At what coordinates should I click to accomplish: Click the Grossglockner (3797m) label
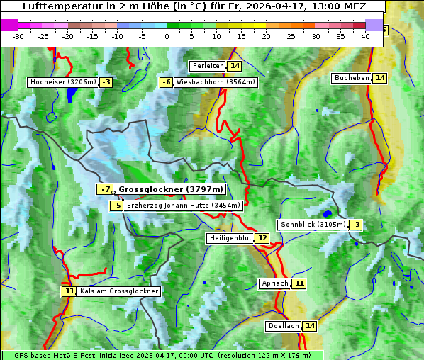(x=170, y=189)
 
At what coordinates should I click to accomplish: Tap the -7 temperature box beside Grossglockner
(x=105, y=189)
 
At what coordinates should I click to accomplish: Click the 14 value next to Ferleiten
(x=235, y=66)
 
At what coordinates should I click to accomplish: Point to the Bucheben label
(x=352, y=77)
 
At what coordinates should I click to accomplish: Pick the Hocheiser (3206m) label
(x=62, y=82)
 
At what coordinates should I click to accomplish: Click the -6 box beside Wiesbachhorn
(x=166, y=82)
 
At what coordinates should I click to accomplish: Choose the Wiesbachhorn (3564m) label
(x=216, y=82)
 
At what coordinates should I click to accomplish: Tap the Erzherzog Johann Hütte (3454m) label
(x=184, y=206)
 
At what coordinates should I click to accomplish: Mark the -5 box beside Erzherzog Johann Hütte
(x=117, y=206)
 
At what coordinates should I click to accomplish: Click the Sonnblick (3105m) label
(x=313, y=225)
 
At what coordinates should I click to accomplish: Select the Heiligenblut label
(x=230, y=238)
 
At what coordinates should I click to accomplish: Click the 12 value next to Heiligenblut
(x=262, y=238)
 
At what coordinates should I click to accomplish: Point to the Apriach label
(x=275, y=283)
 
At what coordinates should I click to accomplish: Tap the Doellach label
(x=283, y=326)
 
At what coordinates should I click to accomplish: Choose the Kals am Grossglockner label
(x=119, y=291)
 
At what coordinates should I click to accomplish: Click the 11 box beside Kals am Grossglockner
(x=69, y=291)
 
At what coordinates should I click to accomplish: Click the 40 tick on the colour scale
(x=365, y=35)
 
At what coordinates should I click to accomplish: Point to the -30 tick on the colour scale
(x=18, y=35)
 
